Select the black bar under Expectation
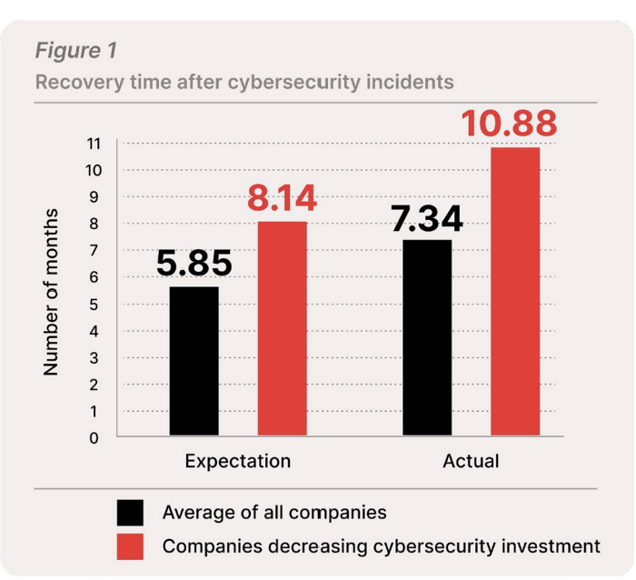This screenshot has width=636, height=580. tap(194, 362)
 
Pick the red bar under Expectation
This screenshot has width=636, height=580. tap(282, 329)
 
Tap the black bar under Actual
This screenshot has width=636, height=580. tap(427, 338)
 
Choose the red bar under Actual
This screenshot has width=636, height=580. tap(515, 292)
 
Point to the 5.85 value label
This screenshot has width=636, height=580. tap(194, 264)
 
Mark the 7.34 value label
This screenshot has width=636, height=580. tap(427, 219)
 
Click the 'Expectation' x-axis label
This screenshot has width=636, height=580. tap(237, 461)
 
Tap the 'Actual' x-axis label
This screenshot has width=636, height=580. tap(471, 461)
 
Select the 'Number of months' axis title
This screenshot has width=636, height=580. tap(52, 292)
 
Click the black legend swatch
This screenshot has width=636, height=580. tap(131, 513)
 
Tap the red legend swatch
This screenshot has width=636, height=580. tap(131, 546)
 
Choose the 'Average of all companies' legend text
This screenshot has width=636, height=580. tap(274, 513)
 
